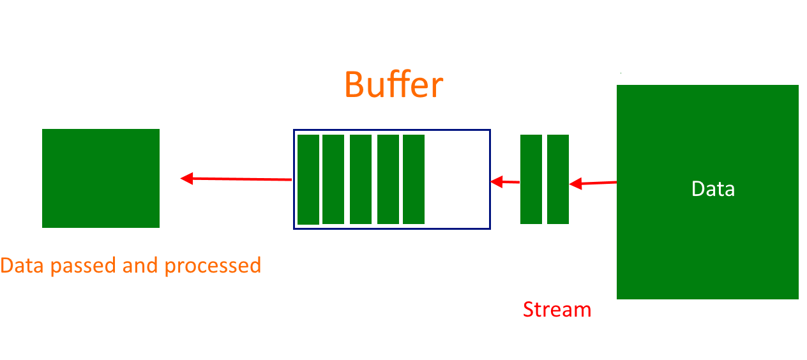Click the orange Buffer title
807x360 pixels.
pos(393,85)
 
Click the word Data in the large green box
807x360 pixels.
pos(713,189)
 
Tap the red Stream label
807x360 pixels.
pos(557,310)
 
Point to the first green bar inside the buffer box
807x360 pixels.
pos(308,179)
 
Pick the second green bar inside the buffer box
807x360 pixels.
pos(333,179)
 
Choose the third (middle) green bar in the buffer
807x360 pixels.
pos(361,179)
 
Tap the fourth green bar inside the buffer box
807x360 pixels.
pos(388,179)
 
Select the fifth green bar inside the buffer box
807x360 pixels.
pos(414,179)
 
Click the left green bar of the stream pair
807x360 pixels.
pos(531,179)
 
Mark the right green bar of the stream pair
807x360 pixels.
pos(558,179)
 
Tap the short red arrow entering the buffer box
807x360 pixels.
pos(505,183)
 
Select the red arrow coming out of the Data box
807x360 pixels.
pos(593,184)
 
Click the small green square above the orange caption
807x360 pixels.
pos(101,178)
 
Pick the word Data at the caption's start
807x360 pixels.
pos(23,266)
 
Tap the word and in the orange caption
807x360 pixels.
pos(141,266)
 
